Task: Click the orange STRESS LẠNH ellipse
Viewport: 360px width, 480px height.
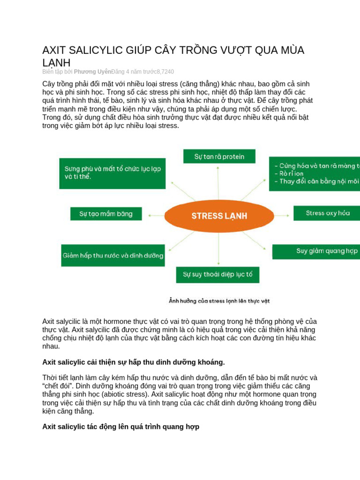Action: (219, 216)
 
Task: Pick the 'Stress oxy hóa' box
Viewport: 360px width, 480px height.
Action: (327, 213)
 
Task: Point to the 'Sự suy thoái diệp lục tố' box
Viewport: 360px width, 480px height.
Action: (217, 274)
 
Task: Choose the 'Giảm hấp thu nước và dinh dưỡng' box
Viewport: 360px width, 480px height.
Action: (113, 255)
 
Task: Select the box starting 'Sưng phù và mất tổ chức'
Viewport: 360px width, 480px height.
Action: (112, 172)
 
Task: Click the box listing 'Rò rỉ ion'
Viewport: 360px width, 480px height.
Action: (315, 174)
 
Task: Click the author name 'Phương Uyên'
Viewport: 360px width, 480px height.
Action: (92, 72)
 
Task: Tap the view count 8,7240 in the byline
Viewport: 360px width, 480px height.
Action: (165, 72)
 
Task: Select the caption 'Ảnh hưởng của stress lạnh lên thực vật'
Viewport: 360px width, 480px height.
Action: (219, 300)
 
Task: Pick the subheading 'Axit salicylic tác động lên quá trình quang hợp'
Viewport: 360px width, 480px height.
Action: (120, 427)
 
